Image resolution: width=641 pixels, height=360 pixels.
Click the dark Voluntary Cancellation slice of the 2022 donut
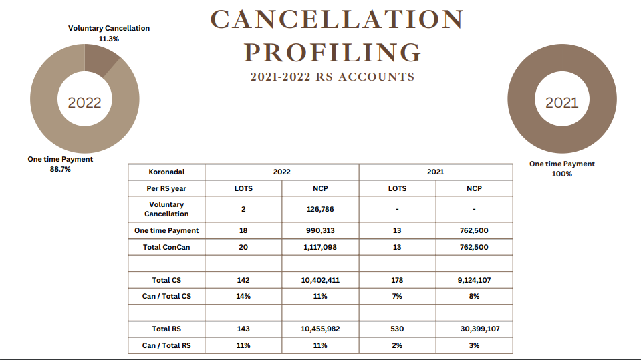tap(100, 59)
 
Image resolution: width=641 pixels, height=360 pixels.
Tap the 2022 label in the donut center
tap(84, 102)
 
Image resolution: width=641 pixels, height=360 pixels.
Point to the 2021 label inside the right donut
tap(561, 102)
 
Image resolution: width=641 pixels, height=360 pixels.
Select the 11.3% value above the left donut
tap(109, 39)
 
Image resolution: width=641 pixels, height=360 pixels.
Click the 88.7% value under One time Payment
tap(60, 169)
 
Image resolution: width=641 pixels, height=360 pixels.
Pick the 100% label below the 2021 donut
tap(561, 174)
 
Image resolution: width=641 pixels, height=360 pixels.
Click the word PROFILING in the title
tap(332, 53)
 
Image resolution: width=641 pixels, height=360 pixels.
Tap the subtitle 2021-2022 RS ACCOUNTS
tap(332, 77)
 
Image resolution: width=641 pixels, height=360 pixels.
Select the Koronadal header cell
tap(166, 172)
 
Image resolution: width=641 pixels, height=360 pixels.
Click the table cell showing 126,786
tap(320, 209)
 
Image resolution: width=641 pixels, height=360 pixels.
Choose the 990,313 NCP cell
tap(320, 230)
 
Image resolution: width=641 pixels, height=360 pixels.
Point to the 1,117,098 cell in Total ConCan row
tap(320, 247)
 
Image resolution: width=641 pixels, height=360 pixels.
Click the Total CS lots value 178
tap(397, 280)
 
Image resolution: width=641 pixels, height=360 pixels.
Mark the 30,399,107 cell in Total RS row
tap(480, 329)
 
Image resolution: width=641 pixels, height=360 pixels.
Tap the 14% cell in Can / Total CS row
tap(243, 297)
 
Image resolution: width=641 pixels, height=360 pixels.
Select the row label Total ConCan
tap(166, 247)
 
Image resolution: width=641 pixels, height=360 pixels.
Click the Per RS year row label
tap(166, 188)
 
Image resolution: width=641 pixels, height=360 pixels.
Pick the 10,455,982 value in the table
tap(320, 329)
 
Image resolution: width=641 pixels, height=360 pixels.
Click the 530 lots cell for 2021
tap(397, 329)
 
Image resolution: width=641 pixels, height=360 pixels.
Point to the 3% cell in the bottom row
tap(474, 345)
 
